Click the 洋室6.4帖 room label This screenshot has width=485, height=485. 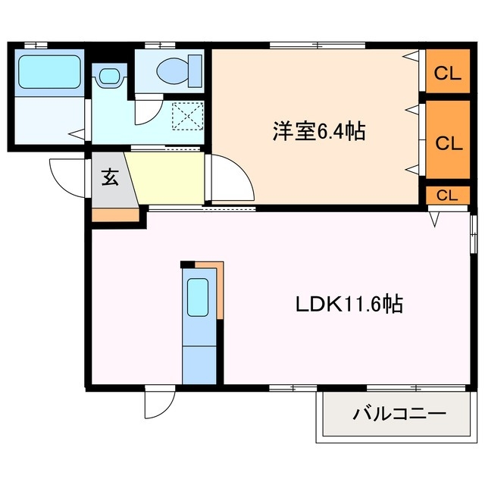coord(319,132)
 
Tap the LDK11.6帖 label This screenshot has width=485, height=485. coord(348,305)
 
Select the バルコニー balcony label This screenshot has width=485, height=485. coord(399,415)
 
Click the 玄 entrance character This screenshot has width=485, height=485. coord(110,178)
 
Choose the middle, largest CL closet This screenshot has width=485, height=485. coord(447,142)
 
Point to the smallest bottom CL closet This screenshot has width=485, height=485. coord(447,195)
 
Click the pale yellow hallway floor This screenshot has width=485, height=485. coord(168,177)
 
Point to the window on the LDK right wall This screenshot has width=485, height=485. coord(474,234)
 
